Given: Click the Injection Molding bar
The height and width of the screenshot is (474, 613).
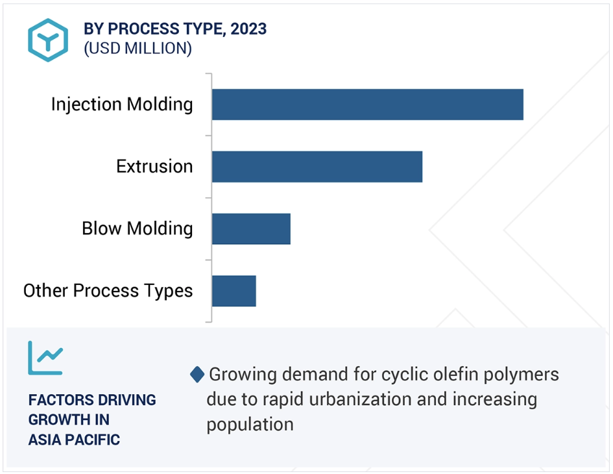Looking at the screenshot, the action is pos(368,105).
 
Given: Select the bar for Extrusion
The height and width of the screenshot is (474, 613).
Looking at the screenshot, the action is pos(317,167).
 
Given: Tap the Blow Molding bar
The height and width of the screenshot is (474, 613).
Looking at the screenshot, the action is pos(252,229).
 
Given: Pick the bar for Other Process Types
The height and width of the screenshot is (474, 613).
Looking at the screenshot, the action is pos(234,291).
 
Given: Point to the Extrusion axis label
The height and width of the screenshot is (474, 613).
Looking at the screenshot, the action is pos(154,166).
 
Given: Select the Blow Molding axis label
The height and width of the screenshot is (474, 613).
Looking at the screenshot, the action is pos(138,229).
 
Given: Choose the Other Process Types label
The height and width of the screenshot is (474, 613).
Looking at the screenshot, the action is pos(108,291).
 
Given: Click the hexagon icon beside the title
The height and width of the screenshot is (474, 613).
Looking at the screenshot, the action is pos(48,40).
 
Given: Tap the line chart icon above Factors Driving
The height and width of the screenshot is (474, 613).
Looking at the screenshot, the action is pos(45,358).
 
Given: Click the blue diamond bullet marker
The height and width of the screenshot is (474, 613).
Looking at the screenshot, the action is pos(197,375).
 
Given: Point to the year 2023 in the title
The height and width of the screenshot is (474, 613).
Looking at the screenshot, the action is pos(248,29).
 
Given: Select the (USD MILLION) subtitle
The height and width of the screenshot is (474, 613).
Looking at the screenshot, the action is pos(138,49).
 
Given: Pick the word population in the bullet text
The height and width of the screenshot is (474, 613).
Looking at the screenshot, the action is pos(250,425).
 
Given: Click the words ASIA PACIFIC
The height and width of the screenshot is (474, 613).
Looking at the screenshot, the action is pos(74,440).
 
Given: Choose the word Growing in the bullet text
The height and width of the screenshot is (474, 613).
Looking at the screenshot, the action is pos(243,375).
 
